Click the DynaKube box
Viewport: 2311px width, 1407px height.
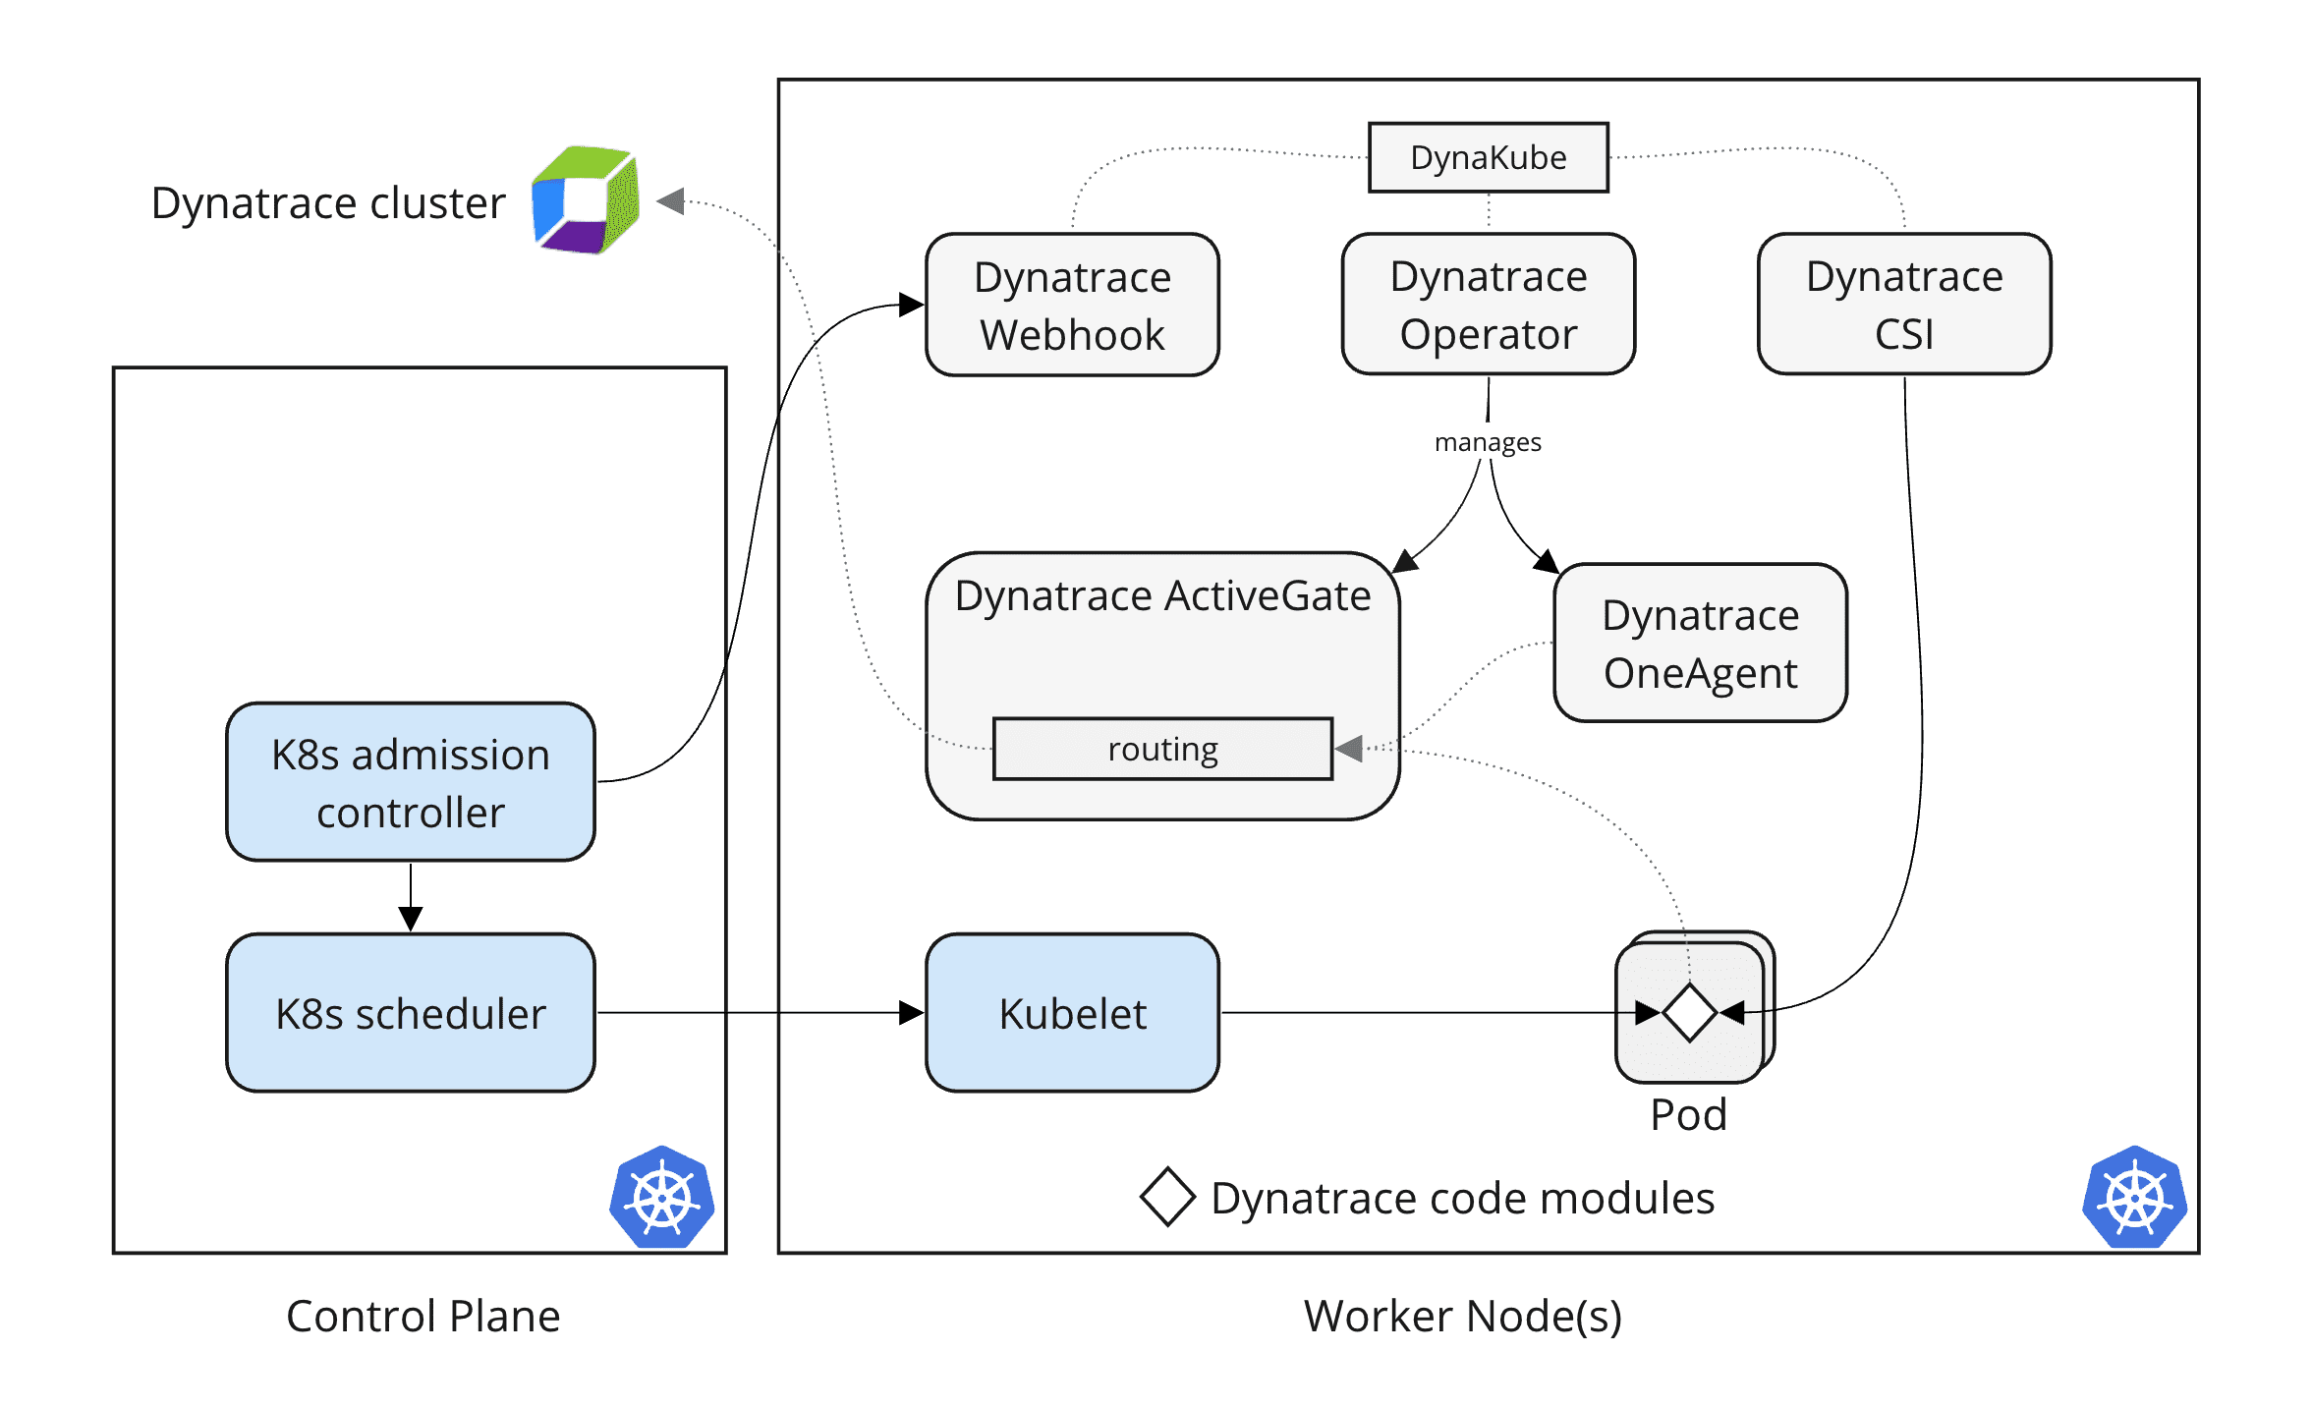(1488, 157)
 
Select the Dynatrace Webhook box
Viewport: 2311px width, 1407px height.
(1072, 305)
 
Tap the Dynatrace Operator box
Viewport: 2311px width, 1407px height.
(1488, 305)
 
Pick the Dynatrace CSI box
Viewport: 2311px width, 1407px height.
(1903, 305)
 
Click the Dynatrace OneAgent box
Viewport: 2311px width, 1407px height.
(1700, 644)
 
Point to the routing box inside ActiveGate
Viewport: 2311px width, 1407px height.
(1162, 750)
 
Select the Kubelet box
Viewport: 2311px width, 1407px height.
(1072, 1013)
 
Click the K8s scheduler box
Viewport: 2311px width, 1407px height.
(410, 1013)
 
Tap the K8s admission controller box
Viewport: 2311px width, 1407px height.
(410, 782)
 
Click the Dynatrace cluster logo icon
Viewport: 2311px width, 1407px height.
(587, 200)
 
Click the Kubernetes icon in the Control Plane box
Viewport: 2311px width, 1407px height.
(661, 1198)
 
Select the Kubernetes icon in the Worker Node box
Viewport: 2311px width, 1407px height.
(2134, 1198)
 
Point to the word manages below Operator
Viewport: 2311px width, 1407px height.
(1488, 442)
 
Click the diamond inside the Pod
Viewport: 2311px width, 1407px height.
(1689, 1012)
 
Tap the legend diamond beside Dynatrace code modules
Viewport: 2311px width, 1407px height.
(1167, 1197)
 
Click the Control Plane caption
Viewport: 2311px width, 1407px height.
(423, 1316)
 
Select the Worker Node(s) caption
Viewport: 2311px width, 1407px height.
(1462, 1316)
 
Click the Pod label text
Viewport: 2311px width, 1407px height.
(1688, 1115)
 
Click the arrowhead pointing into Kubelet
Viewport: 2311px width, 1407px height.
(911, 1013)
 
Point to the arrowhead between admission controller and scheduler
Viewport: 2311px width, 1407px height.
(410, 918)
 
